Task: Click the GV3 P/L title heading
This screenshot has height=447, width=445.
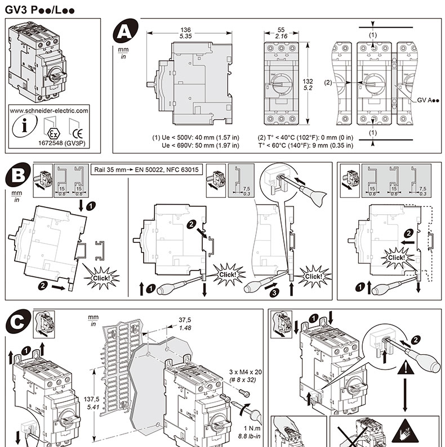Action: (x=39, y=10)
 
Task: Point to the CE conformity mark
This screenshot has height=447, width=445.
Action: (x=78, y=133)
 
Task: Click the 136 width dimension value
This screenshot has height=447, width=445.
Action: (x=185, y=29)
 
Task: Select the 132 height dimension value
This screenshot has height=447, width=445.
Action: (x=308, y=82)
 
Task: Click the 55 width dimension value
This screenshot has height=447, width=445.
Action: (x=282, y=29)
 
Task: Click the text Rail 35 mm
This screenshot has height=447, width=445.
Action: (x=112, y=169)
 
